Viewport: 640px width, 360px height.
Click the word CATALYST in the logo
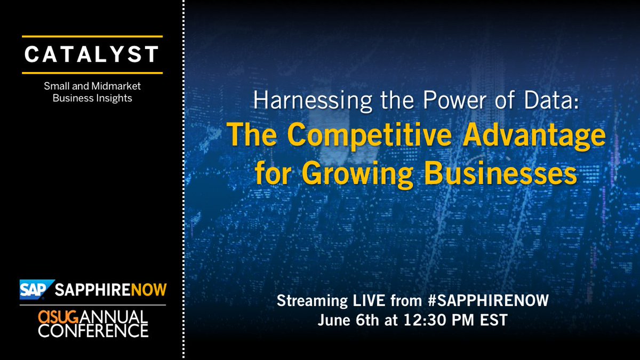click(x=92, y=54)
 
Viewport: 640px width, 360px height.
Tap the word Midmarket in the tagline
click(x=119, y=85)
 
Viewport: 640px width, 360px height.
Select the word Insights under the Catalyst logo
click(x=114, y=98)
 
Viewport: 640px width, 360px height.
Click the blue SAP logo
click(x=35, y=290)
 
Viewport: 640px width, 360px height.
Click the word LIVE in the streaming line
click(x=364, y=301)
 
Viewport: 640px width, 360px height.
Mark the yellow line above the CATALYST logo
click(x=92, y=37)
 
